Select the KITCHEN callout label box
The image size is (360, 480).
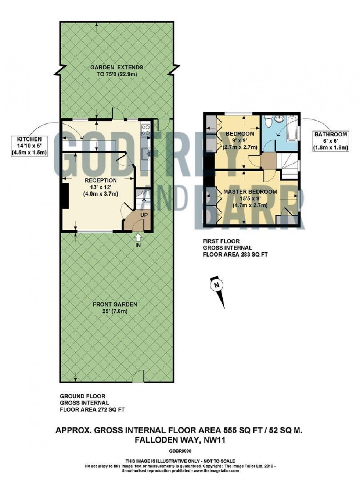click(29, 146)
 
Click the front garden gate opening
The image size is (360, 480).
click(138, 378)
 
